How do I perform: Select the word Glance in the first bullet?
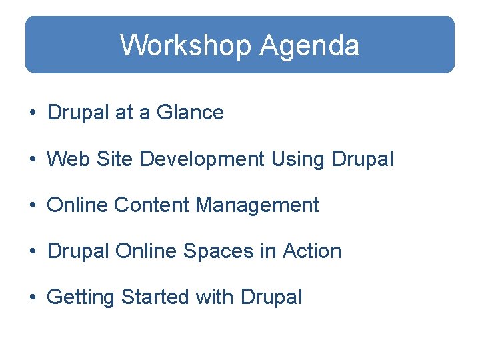190,113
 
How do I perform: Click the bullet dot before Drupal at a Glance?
32,113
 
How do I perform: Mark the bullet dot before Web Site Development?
32,160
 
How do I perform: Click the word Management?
257,205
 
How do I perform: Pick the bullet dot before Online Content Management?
32,206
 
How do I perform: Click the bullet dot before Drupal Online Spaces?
32,252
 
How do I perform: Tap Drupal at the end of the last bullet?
272,297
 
